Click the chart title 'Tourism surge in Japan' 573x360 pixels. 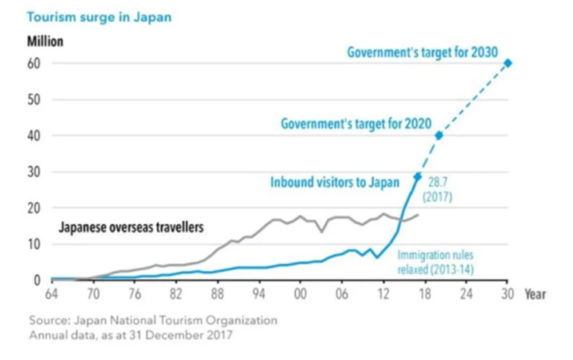(x=88, y=17)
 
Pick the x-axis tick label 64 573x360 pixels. (x=50, y=294)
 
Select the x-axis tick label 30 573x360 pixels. (x=508, y=294)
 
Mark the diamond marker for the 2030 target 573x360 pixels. (x=508, y=63)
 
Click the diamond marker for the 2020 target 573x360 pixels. (x=439, y=135)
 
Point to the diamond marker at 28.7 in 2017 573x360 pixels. (x=417, y=176)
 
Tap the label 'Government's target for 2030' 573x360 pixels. (x=422, y=52)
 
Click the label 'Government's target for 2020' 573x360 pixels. (x=356, y=123)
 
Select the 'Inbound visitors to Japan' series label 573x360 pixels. (x=335, y=182)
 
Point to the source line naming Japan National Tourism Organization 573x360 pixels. (x=152, y=320)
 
